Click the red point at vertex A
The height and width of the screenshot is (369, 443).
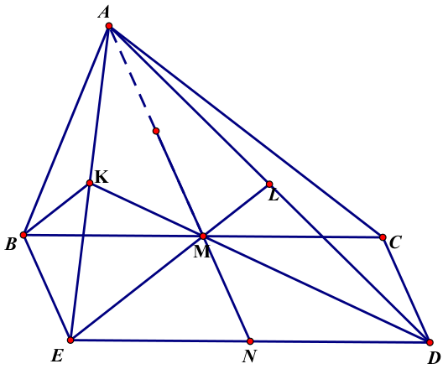(109, 26)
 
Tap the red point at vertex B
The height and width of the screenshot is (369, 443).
(23, 235)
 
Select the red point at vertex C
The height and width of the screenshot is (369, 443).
(383, 237)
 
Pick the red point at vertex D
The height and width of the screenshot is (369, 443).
(430, 342)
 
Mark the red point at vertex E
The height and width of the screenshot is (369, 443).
(70, 340)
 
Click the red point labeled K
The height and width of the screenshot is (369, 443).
(90, 183)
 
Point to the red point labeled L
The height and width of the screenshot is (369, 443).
(269, 184)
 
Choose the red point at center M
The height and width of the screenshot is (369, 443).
(203, 236)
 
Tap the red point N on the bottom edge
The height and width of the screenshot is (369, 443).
(250, 341)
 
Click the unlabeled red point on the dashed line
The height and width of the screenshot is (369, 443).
(156, 131)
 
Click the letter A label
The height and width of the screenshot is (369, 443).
(104, 13)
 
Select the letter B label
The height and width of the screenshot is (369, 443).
(11, 245)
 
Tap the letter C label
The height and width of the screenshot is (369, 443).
(395, 242)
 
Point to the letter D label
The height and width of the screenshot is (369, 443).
(435, 358)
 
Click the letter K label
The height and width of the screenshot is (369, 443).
(102, 177)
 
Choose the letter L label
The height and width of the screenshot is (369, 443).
(274, 195)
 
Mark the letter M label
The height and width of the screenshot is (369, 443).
(202, 252)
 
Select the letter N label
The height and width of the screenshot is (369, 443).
(249, 356)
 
